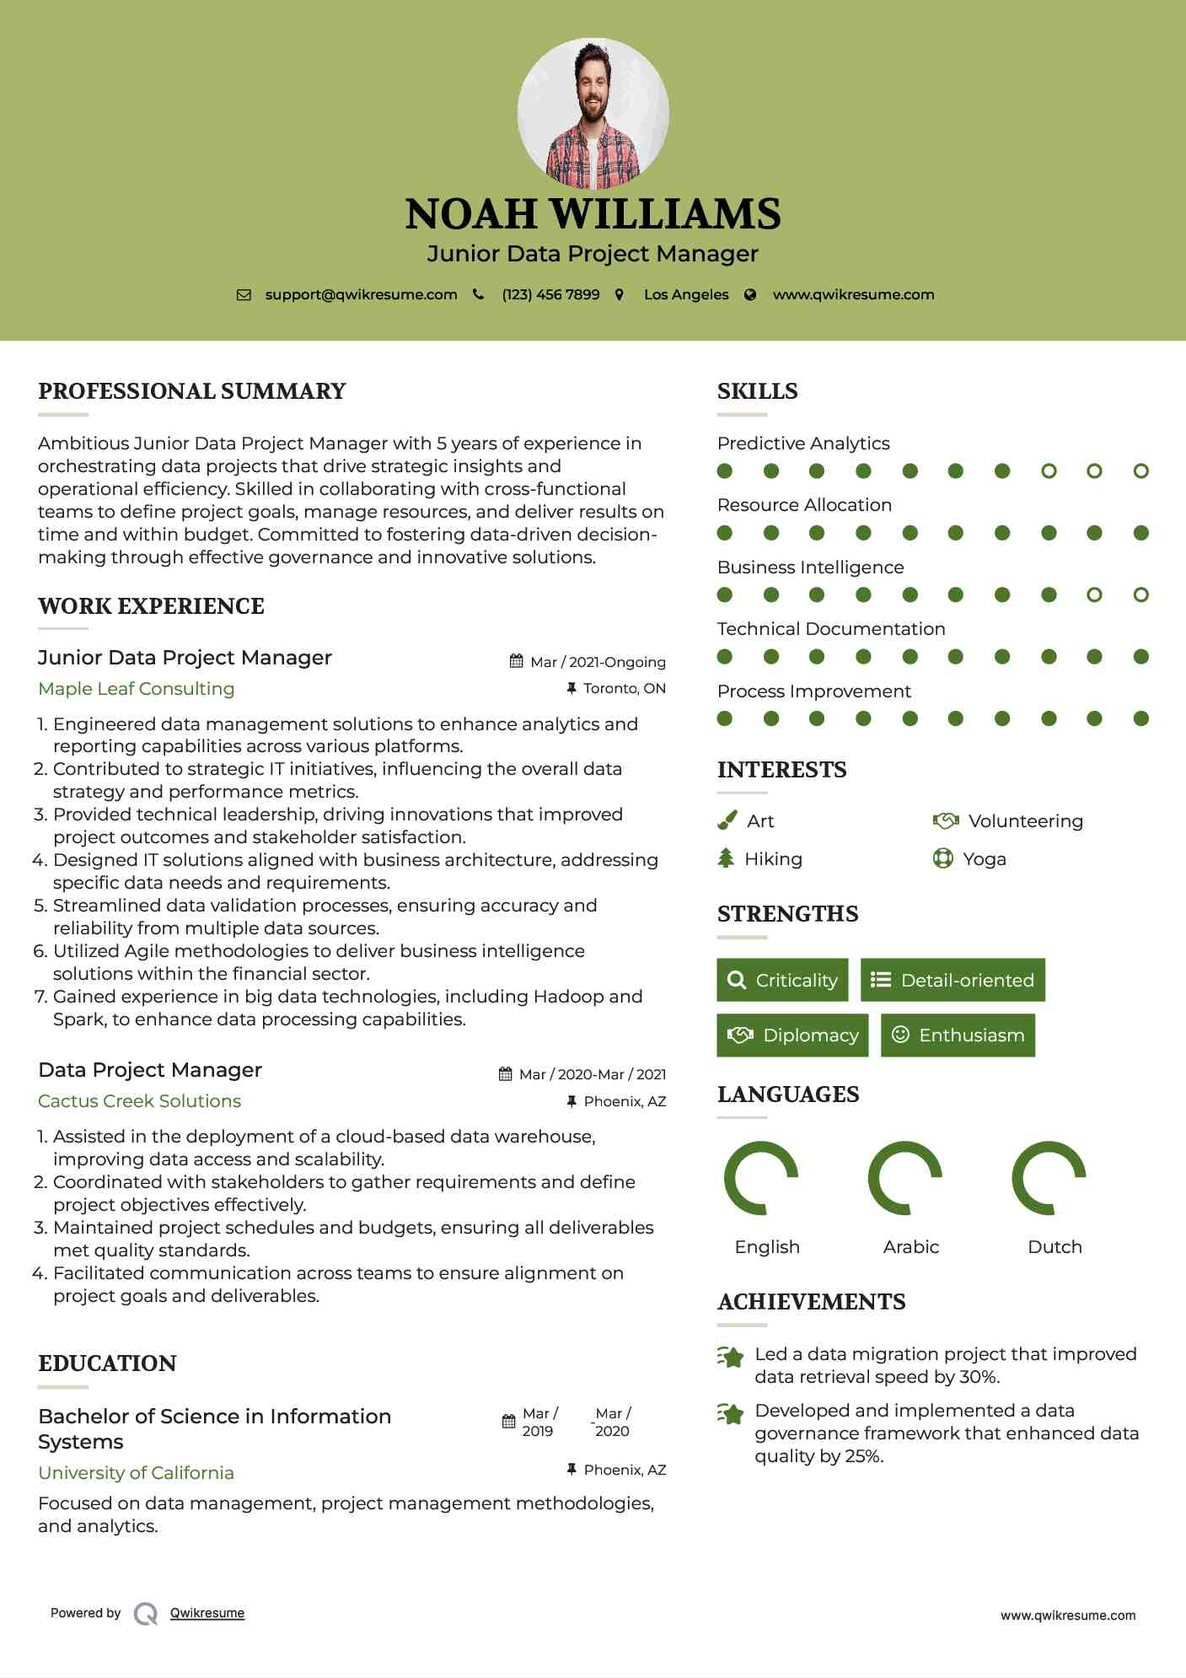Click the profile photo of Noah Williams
(x=593, y=113)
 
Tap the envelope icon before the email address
(x=244, y=295)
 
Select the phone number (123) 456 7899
(x=550, y=295)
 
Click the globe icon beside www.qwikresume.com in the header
(x=750, y=295)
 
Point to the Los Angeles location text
(x=685, y=295)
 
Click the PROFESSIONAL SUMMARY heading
(x=192, y=391)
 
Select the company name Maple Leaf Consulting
(x=137, y=689)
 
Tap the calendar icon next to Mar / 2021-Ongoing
(x=517, y=662)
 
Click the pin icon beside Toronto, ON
(x=572, y=689)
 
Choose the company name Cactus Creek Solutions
(x=140, y=1101)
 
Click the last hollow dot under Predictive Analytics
(x=1140, y=471)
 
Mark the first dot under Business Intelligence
(x=725, y=595)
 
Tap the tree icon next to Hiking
(x=726, y=858)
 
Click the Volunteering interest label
(x=1025, y=821)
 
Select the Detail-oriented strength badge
(x=953, y=980)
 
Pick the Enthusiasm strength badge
(x=958, y=1035)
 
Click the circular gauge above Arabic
(x=905, y=1179)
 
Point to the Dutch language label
(x=1055, y=1247)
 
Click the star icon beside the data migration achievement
(x=731, y=1357)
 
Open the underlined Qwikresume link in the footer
(x=207, y=1613)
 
